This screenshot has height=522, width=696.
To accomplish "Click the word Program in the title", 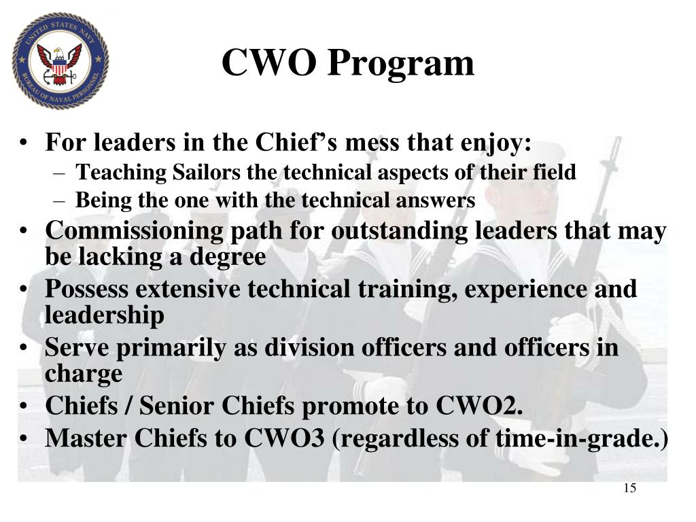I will (402, 63).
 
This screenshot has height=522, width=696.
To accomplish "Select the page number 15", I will (629, 488).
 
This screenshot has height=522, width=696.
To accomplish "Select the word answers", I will (440, 201).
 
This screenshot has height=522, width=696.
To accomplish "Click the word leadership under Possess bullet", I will (104, 315).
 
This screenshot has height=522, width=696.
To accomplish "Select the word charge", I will (84, 374).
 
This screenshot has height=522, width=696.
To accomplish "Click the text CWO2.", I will (479, 406).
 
